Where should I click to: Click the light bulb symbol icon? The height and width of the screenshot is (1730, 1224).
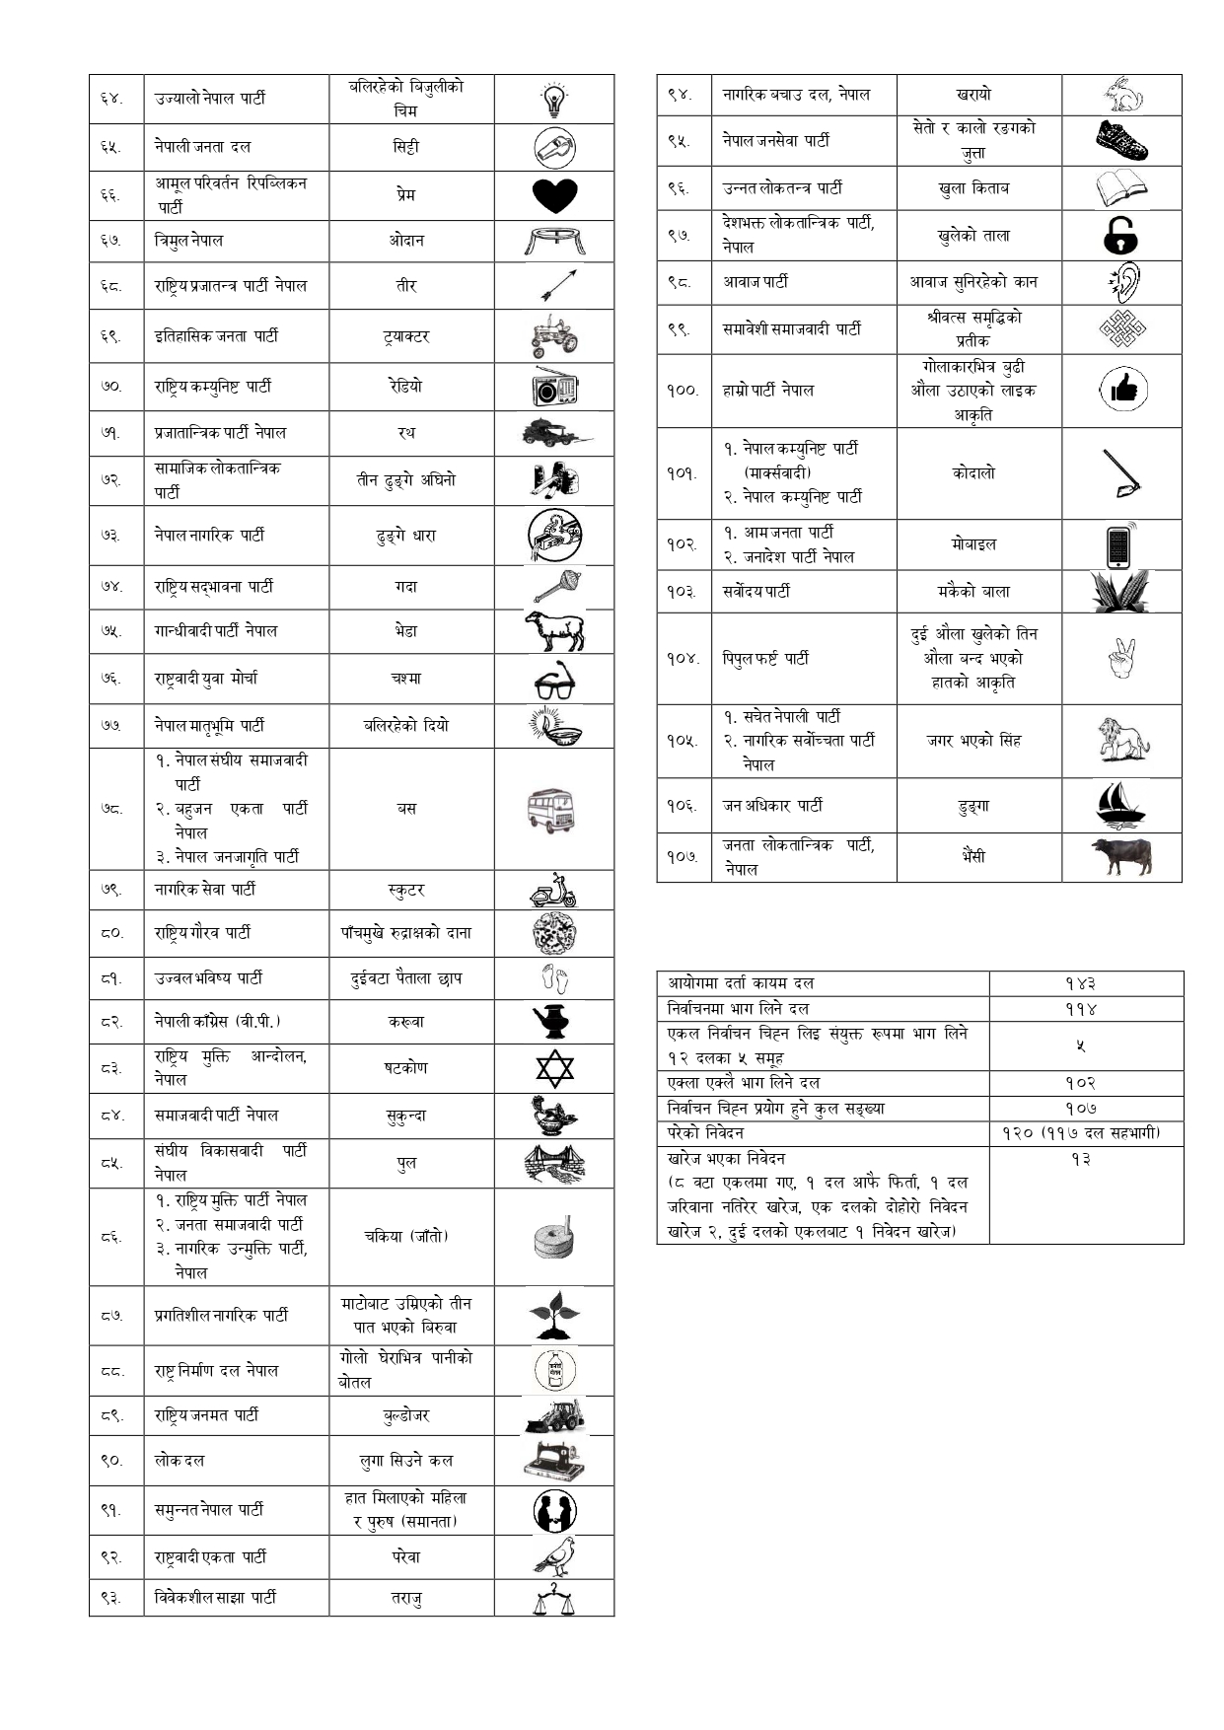tap(554, 100)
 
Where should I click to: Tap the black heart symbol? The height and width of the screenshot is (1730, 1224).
tap(554, 195)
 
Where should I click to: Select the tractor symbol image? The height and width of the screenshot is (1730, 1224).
tap(554, 336)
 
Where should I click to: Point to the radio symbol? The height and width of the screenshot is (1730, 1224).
tap(554, 387)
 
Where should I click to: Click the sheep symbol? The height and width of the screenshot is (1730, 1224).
tap(554, 631)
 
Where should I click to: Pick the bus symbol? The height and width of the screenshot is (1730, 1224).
tap(552, 810)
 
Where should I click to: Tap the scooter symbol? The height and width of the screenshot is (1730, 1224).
tap(554, 891)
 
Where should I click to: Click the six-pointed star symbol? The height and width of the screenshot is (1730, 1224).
tap(554, 1068)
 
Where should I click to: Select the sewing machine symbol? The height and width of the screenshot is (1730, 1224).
tap(554, 1461)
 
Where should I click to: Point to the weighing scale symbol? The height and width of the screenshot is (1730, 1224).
tap(554, 1598)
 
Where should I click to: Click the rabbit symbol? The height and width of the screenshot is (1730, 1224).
tap(1121, 96)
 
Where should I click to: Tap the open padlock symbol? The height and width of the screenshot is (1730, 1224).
tap(1120, 236)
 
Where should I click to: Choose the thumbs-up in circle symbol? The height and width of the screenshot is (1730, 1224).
tap(1121, 391)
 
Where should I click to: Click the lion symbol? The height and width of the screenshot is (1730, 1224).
tap(1122, 741)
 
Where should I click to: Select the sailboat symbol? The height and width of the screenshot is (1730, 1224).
tap(1120, 806)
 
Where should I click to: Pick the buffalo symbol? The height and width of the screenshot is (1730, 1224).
tap(1121, 857)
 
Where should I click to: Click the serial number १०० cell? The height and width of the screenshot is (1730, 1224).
tap(683, 391)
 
